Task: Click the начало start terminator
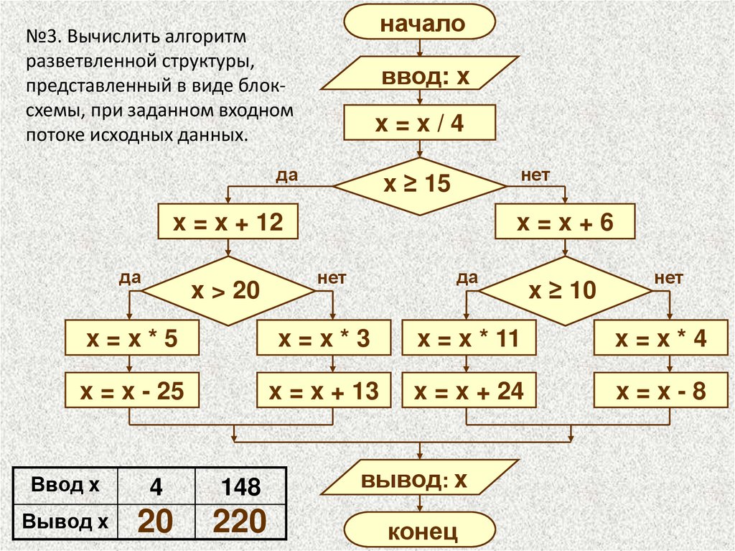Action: pos(420,23)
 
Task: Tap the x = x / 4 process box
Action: pos(420,124)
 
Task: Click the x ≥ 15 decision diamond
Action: pos(420,185)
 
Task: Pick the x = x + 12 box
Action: pos(228,223)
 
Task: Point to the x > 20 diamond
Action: pos(228,291)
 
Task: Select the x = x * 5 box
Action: pos(130,338)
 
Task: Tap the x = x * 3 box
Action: pos(324,338)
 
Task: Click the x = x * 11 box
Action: pos(469,338)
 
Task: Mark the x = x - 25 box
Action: pos(130,392)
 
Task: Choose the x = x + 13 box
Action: pos(324,392)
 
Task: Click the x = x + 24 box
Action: pos(469,392)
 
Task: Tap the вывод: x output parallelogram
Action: pos(420,480)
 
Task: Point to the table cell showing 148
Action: pos(240,488)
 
